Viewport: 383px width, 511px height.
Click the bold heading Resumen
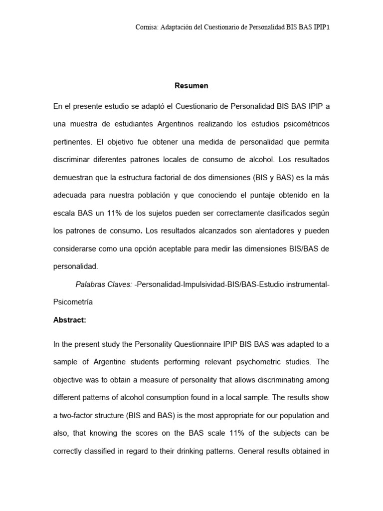[x=191, y=86]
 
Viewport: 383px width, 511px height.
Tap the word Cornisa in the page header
[x=146, y=28]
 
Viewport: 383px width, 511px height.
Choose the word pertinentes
[x=72, y=142]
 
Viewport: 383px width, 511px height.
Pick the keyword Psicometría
[x=73, y=302]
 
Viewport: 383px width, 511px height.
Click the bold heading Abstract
[x=70, y=320]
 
